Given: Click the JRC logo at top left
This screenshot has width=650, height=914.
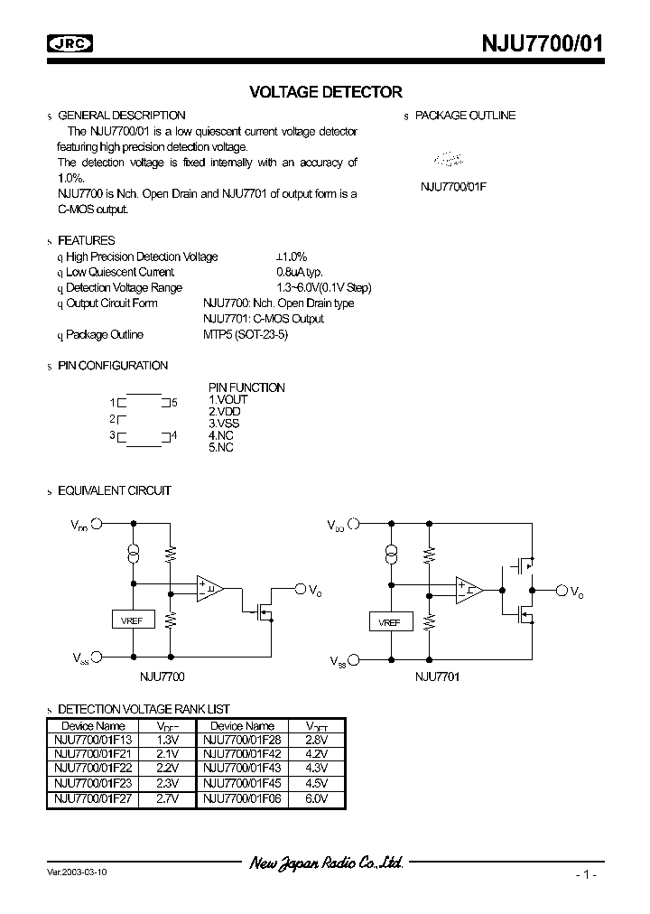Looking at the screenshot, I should point(71,42).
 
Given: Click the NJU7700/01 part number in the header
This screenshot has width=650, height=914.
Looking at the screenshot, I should point(534,42).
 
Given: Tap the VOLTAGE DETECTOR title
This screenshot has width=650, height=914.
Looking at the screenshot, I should point(325,92).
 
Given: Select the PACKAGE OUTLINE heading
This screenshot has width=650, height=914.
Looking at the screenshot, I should point(467,116).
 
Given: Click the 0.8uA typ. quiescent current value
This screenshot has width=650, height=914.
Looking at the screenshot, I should point(299,272).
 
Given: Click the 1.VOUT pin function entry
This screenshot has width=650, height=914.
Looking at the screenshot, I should point(228,399).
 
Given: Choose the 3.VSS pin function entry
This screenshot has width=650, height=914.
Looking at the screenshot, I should point(225,423).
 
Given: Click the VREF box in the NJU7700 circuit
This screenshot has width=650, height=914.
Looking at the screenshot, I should point(133,620).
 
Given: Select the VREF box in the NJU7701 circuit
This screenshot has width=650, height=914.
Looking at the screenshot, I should point(390,621).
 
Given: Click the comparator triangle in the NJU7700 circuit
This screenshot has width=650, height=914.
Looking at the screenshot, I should point(209,589).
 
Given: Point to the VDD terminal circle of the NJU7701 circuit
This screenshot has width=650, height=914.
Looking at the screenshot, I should point(354,523).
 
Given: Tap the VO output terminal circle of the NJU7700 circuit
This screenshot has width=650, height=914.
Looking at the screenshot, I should point(300,589).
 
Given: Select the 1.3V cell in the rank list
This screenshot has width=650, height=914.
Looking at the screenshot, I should point(168,738).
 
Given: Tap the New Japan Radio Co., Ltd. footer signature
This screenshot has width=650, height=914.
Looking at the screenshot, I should point(326,863).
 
